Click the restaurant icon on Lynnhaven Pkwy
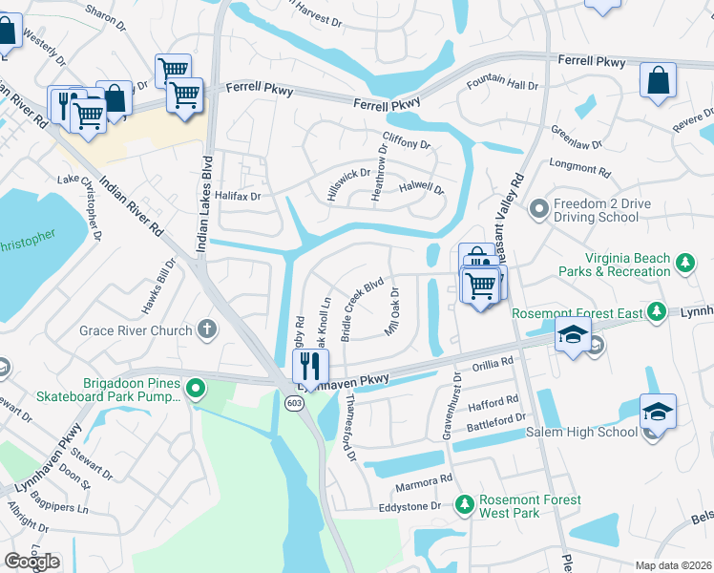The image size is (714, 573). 310,365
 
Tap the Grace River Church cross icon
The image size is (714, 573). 207,330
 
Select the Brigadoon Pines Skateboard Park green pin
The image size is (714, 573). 196,388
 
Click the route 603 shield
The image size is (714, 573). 294,404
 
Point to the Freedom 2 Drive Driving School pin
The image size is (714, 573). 538,207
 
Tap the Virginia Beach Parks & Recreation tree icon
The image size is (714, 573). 684,263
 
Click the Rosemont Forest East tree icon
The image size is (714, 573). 656,311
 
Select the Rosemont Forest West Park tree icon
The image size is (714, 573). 465,503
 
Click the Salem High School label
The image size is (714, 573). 581,432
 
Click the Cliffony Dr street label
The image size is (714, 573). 407,143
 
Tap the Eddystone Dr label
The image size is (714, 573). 410,506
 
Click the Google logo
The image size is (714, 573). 31,562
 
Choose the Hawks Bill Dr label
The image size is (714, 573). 159,287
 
